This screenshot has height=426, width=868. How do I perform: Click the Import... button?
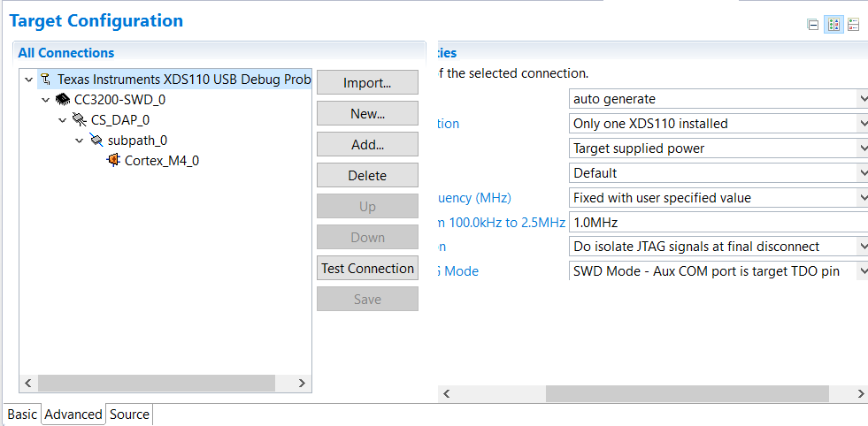tap(367, 83)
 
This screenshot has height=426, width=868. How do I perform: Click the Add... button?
tap(367, 145)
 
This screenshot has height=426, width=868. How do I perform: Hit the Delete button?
tap(367, 176)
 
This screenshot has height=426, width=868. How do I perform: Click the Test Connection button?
tap(367, 269)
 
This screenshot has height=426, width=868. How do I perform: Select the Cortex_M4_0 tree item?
tap(161, 161)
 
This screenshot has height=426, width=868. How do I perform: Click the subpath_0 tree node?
tap(137, 141)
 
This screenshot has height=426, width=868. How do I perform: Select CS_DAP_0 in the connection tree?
tap(119, 120)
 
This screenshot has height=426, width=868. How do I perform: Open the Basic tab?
tap(22, 415)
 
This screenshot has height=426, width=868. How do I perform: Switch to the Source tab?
tap(129, 415)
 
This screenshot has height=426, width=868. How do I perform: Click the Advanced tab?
tap(73, 415)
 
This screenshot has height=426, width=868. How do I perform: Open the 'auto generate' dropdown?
tap(718, 99)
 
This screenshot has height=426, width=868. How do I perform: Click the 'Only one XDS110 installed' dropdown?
tap(718, 124)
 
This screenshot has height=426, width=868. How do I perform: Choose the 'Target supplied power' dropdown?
tap(718, 148)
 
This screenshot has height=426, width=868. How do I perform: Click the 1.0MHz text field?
tap(718, 223)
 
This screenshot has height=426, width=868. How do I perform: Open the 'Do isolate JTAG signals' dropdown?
tap(718, 247)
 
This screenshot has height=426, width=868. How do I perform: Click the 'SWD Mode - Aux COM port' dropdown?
tap(718, 271)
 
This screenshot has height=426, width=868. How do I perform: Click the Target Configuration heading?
tap(96, 20)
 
